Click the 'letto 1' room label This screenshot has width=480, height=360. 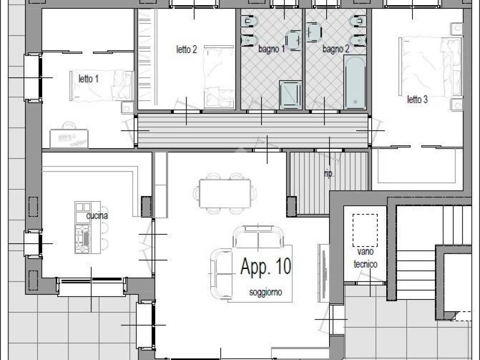point(88,79)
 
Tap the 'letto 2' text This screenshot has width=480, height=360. point(186,49)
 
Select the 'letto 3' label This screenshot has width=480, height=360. point(417,99)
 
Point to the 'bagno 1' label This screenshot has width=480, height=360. point(271,49)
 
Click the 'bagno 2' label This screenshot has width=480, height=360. point(336,49)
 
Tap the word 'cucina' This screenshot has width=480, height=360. point(97,216)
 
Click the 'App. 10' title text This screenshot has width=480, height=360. point(265,266)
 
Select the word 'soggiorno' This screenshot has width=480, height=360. point(265,292)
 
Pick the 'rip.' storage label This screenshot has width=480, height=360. point(329,174)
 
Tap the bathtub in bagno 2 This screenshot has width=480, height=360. point(355,82)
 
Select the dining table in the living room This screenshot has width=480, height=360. point(225,193)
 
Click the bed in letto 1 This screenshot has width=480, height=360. point(101,85)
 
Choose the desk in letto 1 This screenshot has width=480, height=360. point(69,138)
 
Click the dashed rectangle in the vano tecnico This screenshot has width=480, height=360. point(365,230)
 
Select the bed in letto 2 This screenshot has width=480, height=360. point(218,77)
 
